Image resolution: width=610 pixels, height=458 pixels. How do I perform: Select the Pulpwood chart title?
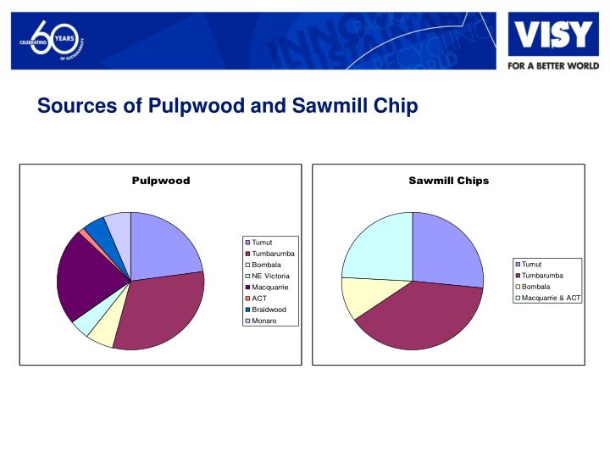(x=160, y=181)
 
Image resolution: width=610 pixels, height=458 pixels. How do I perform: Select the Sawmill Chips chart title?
(x=448, y=181)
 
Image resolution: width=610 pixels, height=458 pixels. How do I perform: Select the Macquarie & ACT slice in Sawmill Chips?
(x=377, y=246)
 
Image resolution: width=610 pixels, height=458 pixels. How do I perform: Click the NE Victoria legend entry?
(x=270, y=276)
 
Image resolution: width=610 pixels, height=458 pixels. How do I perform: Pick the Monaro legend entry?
(x=265, y=321)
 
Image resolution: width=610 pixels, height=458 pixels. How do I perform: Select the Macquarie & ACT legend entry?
(x=551, y=298)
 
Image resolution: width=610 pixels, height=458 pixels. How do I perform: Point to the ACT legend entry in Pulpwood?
(x=259, y=299)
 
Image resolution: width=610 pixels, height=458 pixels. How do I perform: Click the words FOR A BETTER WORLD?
(x=553, y=65)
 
